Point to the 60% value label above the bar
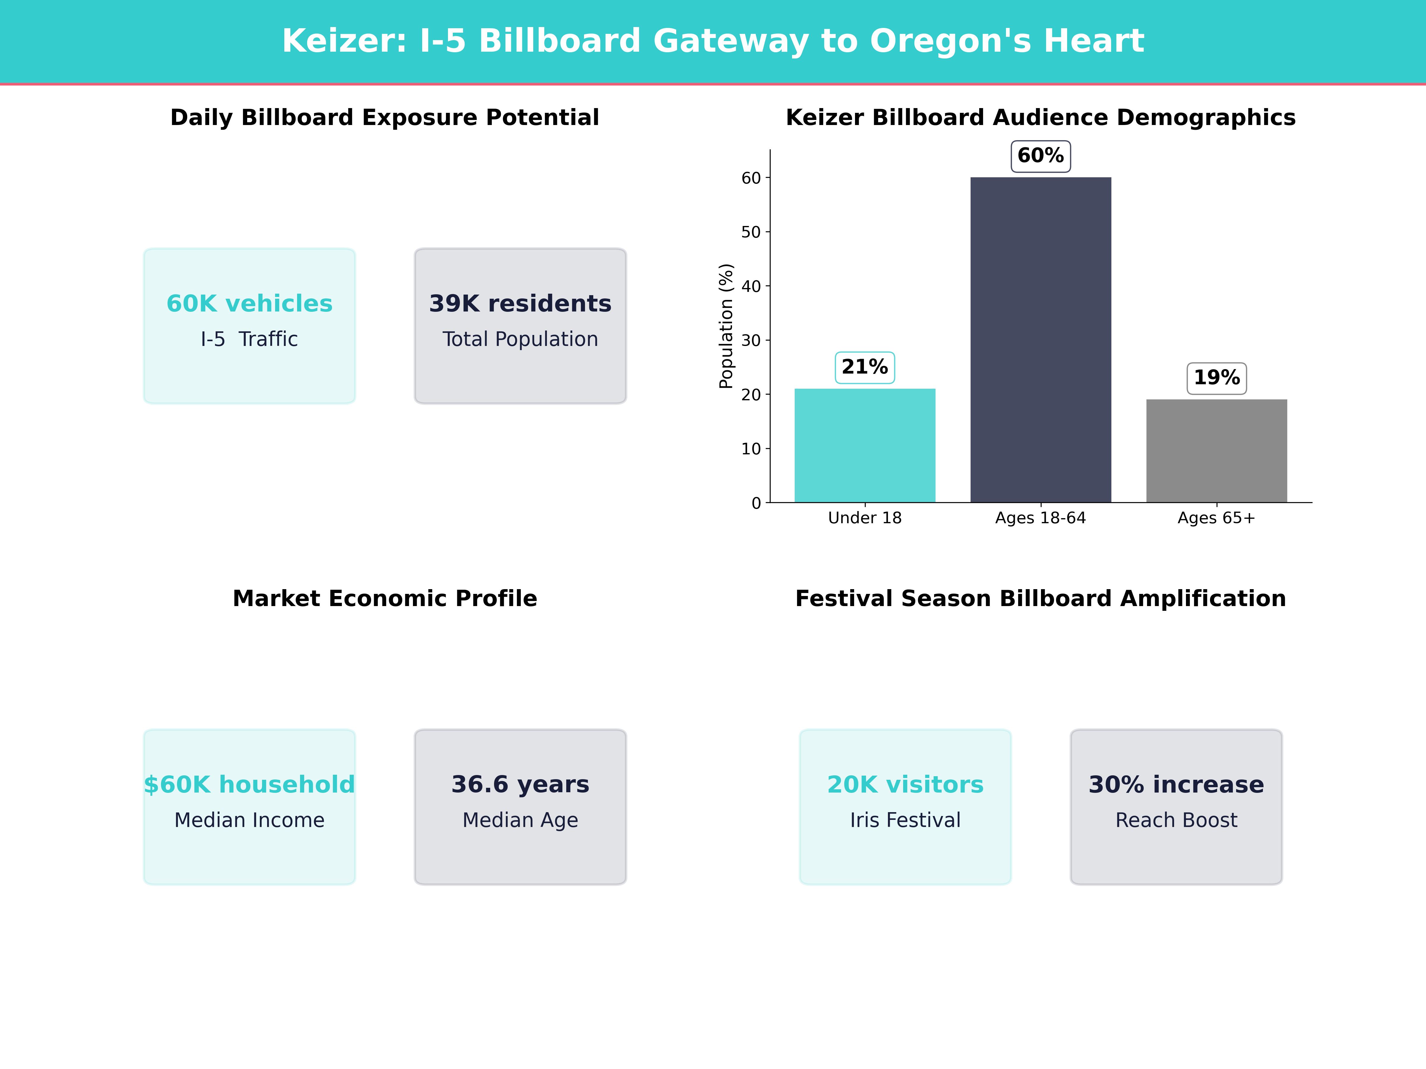(1040, 156)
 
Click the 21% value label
(865, 367)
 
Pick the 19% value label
(1217, 378)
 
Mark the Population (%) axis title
(727, 326)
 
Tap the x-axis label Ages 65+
(1217, 518)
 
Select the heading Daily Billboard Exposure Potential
(385, 118)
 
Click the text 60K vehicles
(250, 303)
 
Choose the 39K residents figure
(520, 303)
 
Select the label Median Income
(250, 820)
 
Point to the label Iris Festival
(905, 820)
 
